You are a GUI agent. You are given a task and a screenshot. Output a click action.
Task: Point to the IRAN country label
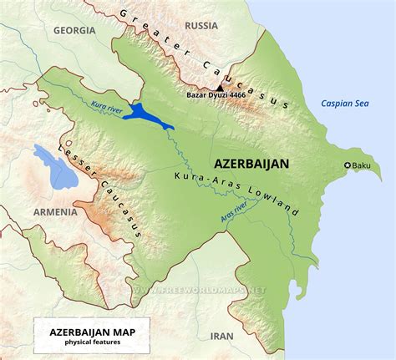221,336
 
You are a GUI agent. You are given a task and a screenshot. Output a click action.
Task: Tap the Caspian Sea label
345,104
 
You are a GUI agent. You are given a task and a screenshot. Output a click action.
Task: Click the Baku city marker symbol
348,165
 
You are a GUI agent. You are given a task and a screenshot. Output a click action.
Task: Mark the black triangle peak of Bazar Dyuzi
220,87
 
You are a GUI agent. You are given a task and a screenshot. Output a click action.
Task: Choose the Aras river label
234,210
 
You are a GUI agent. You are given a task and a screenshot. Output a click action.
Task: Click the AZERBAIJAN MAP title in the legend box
83,332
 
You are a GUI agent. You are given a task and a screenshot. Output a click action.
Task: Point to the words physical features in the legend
83,343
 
